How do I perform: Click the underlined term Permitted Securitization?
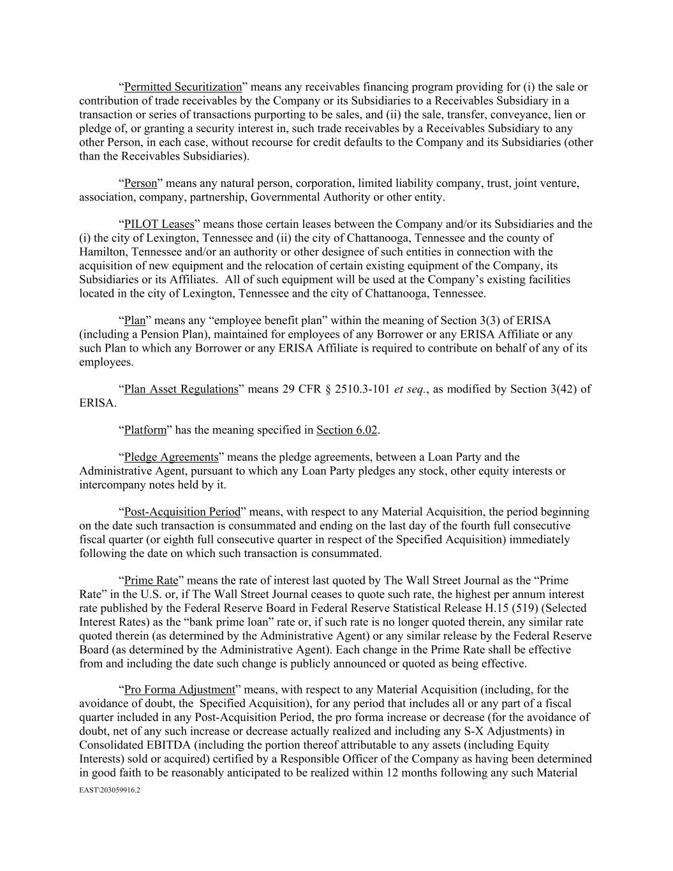point(182,87)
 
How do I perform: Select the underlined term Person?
point(140,184)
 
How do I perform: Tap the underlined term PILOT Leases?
point(159,224)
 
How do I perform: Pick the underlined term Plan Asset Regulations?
point(181,389)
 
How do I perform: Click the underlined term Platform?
point(145,430)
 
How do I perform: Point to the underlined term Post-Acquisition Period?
point(182,512)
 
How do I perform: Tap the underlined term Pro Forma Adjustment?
point(179,690)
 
